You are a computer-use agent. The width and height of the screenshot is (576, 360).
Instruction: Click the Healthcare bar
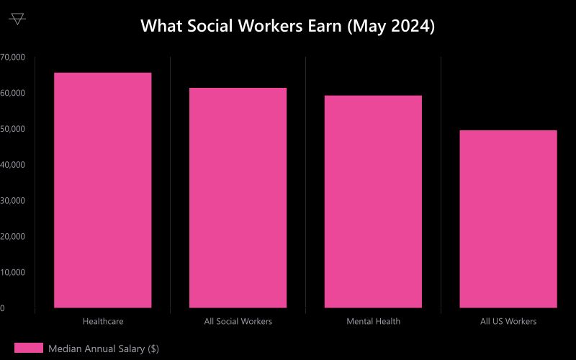103,190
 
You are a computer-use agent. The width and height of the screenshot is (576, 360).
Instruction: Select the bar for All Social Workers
238,198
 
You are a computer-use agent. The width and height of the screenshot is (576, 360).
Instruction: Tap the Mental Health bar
373,202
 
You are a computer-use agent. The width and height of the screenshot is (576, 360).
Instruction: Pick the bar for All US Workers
508,219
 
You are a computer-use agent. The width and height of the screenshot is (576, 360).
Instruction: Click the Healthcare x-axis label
103,321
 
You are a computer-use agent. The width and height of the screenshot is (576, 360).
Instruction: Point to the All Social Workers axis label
238,321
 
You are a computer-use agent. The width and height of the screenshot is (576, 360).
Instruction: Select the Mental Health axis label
373,321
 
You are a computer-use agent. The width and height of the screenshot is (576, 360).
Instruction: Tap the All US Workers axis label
508,321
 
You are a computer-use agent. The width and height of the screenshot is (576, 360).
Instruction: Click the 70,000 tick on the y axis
12,57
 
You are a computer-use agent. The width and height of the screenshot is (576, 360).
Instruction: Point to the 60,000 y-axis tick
12,93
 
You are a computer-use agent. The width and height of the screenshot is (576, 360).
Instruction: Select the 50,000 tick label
12,129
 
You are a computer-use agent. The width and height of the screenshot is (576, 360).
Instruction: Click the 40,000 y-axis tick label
12,165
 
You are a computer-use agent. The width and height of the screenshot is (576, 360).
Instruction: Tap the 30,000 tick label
12,200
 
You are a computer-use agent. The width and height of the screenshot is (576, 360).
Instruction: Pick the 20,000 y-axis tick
12,236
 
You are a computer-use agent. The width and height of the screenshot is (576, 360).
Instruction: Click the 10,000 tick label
12,272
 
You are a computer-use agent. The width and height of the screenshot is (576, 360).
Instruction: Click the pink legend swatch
29,348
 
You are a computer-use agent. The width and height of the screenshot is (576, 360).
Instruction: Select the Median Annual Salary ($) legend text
104,348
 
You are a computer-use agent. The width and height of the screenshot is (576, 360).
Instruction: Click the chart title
287,26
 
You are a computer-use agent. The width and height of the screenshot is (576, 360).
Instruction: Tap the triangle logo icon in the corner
18,19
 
